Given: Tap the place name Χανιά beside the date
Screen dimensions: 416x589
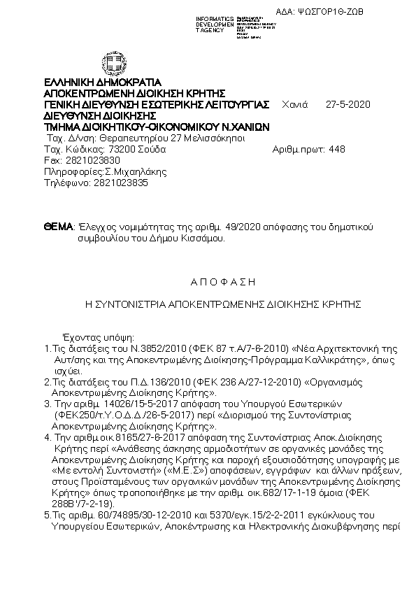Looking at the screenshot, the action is pos(294,105).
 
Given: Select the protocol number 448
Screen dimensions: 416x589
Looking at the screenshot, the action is pos(336,149).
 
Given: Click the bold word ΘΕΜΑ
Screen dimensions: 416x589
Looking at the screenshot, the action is pos(58,227).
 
